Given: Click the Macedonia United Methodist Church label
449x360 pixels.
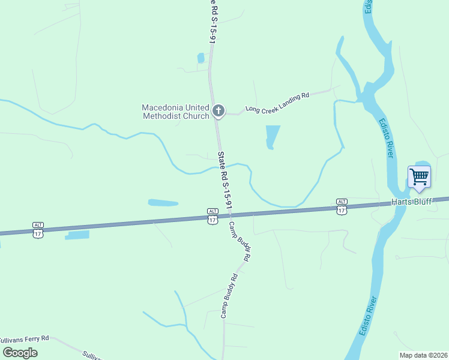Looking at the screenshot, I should [x=175, y=112].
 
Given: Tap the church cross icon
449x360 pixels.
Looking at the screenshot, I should [x=218, y=110].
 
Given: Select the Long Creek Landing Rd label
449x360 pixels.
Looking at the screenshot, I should [x=277, y=103].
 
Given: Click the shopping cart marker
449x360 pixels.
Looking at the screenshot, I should [x=419, y=177].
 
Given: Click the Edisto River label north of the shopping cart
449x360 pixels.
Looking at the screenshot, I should [x=385, y=138].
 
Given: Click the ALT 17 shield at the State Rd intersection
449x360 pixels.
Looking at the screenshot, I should [x=212, y=216].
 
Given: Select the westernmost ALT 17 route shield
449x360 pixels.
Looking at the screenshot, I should [x=38, y=229].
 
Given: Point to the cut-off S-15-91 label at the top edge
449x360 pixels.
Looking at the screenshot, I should [x=212, y=21].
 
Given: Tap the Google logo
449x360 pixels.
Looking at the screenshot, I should [x=20, y=352].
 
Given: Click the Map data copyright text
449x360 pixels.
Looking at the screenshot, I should [x=422, y=355].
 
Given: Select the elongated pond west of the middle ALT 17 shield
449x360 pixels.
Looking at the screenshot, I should [x=163, y=203].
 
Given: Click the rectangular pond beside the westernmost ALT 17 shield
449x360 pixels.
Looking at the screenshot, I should [x=77, y=235].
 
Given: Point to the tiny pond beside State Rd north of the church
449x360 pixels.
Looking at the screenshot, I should [x=200, y=58].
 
